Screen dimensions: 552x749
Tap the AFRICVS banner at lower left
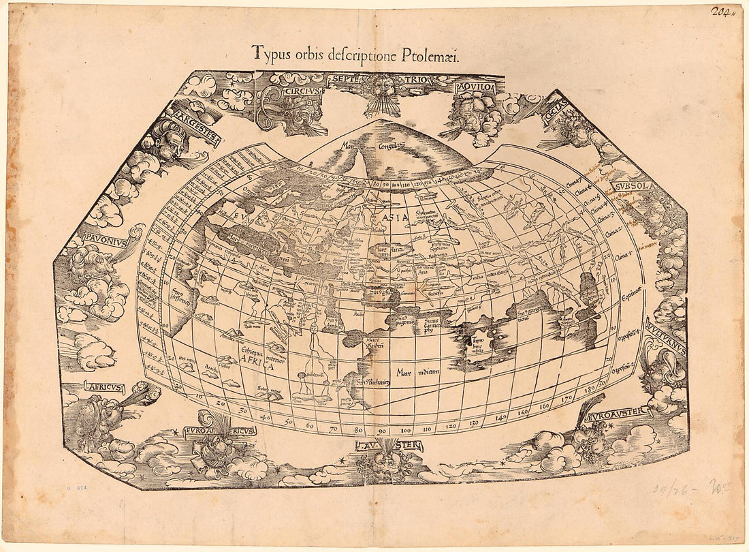coord(103,387)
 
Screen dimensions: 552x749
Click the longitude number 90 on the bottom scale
coord(383,430)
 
